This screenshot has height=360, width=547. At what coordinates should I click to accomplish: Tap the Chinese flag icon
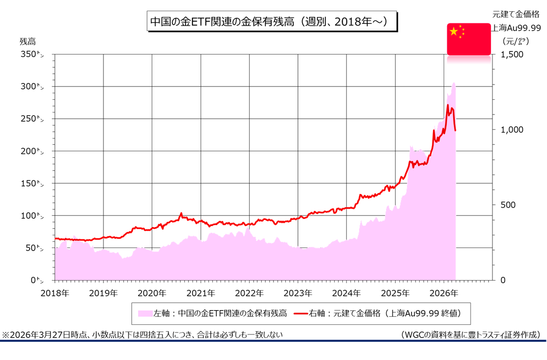pyautogui.click(x=469, y=39)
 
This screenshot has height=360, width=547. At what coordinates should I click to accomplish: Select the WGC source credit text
pyautogui.click(x=470, y=335)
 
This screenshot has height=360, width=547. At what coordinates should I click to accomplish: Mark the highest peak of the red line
pyautogui.click(x=448, y=105)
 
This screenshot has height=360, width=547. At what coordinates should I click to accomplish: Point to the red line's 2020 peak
pyautogui.click(x=181, y=214)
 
